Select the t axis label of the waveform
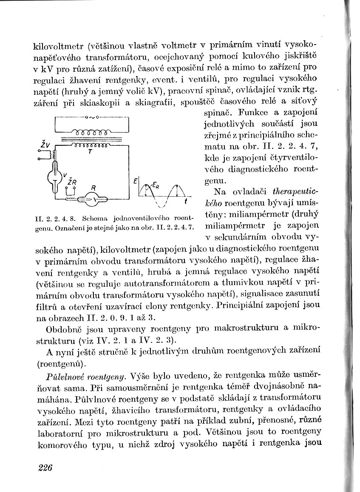tap(185, 201)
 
